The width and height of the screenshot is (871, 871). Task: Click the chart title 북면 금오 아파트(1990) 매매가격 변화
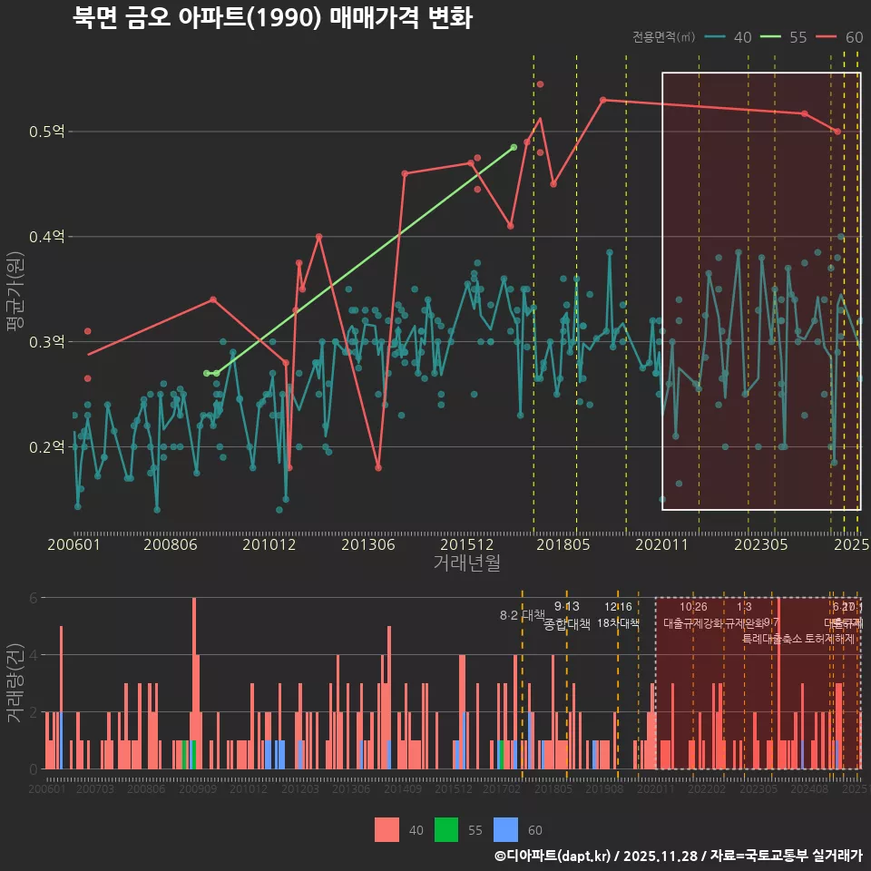(272, 19)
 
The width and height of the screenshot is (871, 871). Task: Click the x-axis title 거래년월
(466, 563)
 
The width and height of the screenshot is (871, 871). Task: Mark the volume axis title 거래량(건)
(16, 682)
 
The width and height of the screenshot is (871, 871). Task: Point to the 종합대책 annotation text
(567, 624)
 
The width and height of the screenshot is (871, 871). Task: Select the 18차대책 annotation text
(618, 623)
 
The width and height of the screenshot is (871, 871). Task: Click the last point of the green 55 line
(514, 147)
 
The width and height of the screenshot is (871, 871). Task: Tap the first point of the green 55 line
(207, 373)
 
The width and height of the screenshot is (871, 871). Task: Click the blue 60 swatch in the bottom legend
(505, 829)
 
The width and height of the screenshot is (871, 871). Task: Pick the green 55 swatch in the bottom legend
(446, 829)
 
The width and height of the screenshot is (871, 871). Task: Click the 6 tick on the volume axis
(34, 598)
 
